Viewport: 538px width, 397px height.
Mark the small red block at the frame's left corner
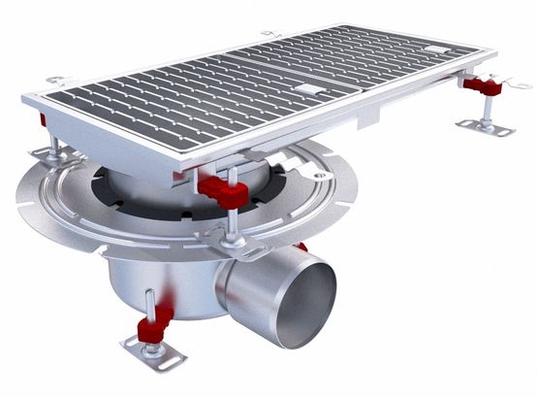[x=43, y=120]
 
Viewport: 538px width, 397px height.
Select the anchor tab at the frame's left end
[x=58, y=83]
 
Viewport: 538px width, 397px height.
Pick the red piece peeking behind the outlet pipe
[x=302, y=248]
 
